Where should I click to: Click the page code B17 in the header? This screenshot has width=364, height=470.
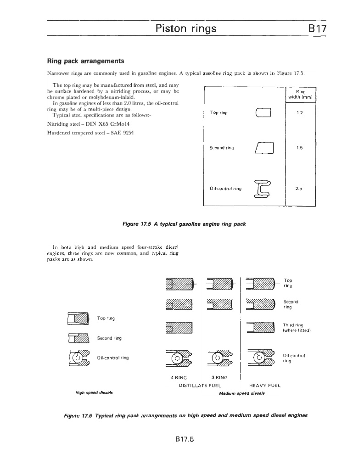317,29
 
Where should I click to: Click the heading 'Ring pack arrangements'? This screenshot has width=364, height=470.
86,61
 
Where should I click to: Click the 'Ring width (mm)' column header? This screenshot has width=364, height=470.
300,94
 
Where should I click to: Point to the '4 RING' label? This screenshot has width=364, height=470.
178,378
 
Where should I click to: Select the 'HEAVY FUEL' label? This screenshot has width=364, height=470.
264,386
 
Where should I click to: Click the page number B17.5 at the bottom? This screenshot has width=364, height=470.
182,439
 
